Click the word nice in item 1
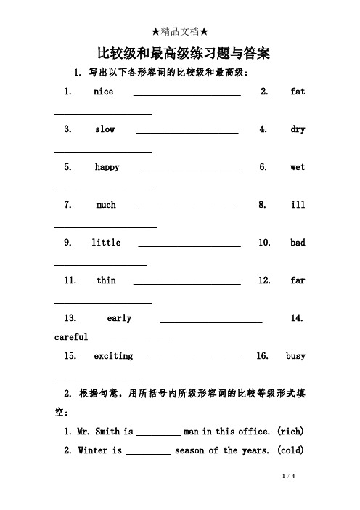[x=104, y=92]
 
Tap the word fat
[x=298, y=92]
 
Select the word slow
[x=105, y=130]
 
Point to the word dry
[x=298, y=130]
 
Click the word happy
[x=107, y=168]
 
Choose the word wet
[x=298, y=168]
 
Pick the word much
[x=106, y=206]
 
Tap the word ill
[x=298, y=206]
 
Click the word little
[x=106, y=243]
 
